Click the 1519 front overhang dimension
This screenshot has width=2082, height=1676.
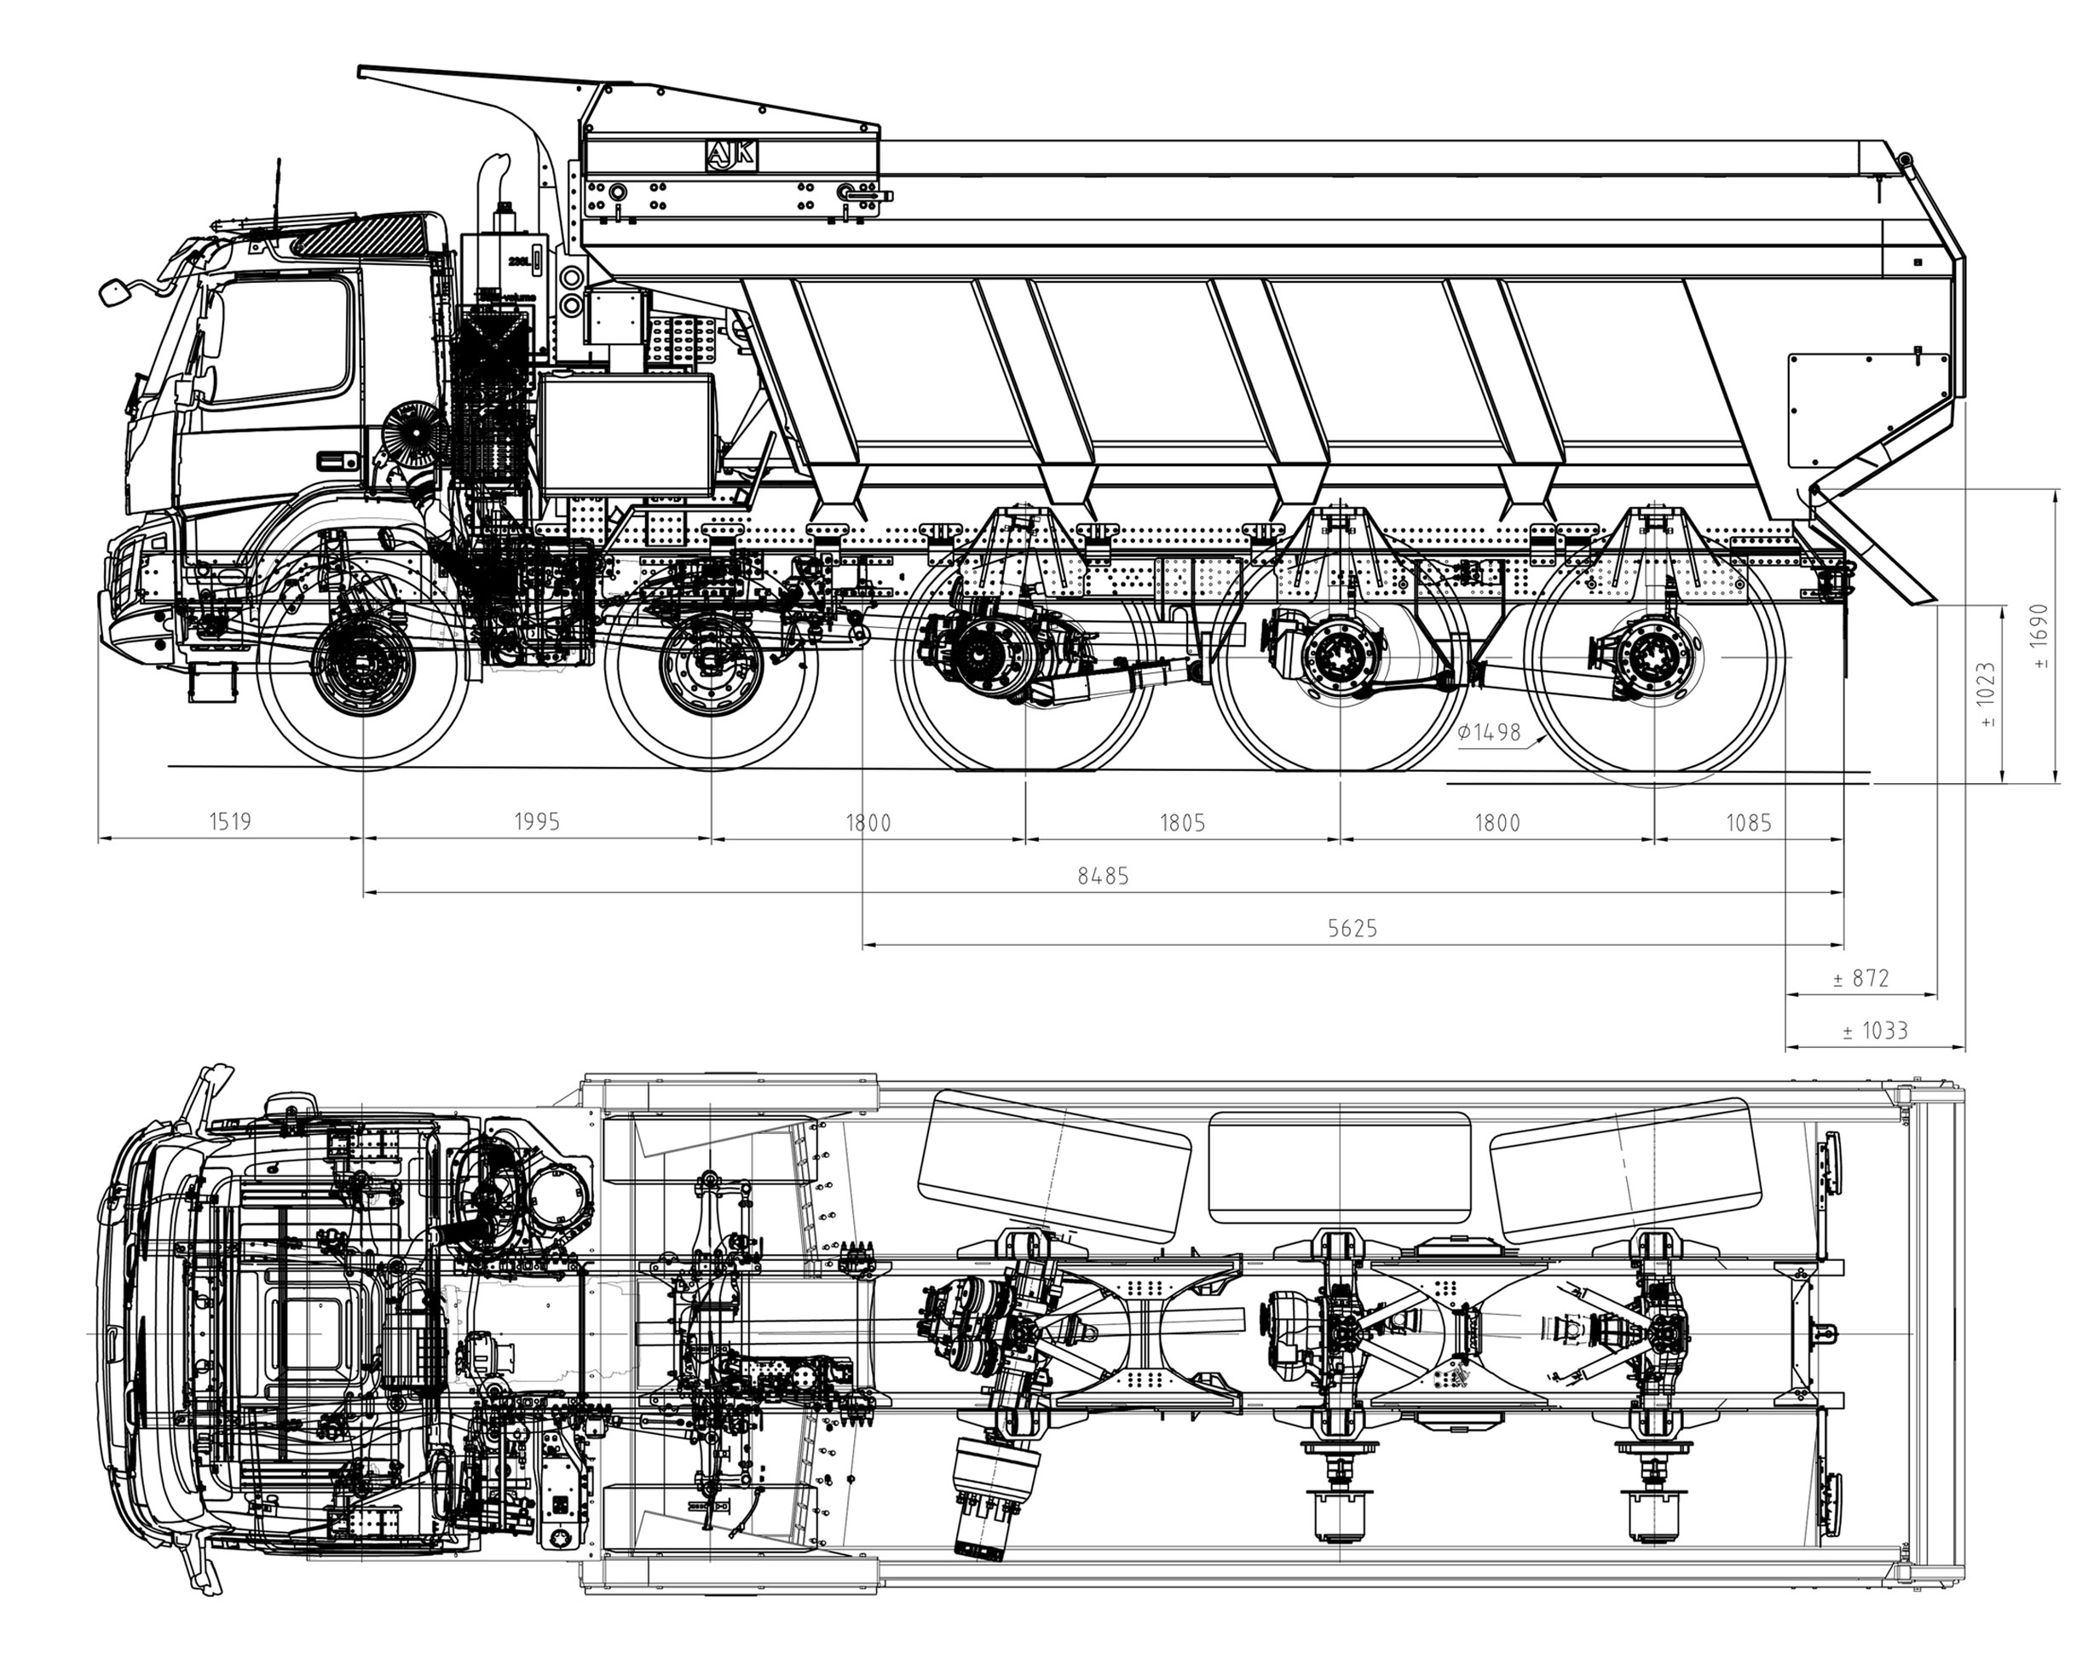pyautogui.click(x=230, y=821)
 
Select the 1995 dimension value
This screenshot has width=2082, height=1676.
pyautogui.click(x=536, y=821)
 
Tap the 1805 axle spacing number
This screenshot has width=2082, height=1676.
pyautogui.click(x=1182, y=822)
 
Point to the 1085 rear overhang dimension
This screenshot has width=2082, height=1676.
pyautogui.click(x=1749, y=822)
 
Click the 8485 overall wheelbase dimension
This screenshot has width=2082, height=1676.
pyautogui.click(x=1103, y=876)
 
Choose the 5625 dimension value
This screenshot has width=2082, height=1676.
pyautogui.click(x=1352, y=929)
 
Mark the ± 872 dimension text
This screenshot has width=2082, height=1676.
pyautogui.click(x=1861, y=978)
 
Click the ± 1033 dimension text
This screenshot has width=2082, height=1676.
pyautogui.click(x=1874, y=1031)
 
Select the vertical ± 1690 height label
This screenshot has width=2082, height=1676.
pyautogui.click(x=2039, y=637)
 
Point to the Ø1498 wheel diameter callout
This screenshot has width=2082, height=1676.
pyautogui.click(x=1488, y=732)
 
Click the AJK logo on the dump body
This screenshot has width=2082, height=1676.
pyautogui.click(x=732, y=155)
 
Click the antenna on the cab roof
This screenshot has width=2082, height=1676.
pyautogui.click(x=278, y=198)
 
